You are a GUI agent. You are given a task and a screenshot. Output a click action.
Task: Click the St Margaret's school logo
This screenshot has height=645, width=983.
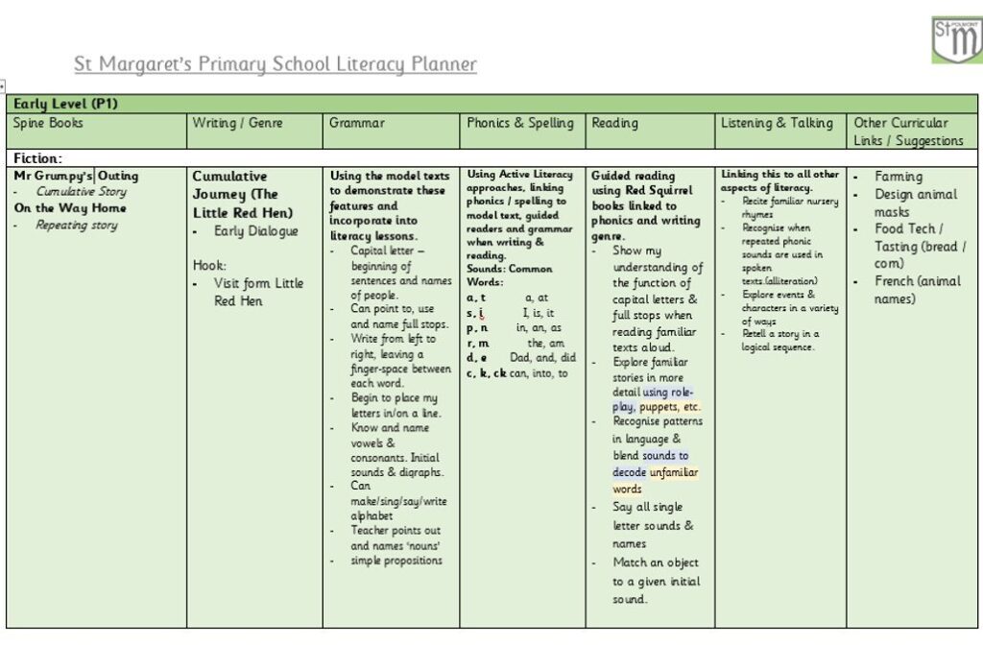[956, 39]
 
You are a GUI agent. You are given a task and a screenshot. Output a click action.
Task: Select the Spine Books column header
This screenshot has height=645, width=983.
[49, 123]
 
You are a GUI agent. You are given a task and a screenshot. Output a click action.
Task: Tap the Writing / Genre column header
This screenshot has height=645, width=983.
[238, 123]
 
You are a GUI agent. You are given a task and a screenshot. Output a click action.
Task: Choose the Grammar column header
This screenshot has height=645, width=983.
[357, 123]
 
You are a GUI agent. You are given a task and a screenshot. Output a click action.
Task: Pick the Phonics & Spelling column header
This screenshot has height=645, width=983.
[520, 123]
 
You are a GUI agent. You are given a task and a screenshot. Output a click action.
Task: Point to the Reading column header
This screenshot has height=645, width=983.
[615, 123]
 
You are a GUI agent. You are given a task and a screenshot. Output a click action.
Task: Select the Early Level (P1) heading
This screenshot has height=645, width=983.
[65, 103]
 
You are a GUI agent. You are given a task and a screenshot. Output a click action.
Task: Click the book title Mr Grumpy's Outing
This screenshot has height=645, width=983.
[76, 176]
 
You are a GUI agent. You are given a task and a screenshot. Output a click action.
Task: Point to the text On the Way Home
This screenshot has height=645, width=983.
[70, 207]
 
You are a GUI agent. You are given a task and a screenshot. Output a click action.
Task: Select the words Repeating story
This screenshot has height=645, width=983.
[77, 226]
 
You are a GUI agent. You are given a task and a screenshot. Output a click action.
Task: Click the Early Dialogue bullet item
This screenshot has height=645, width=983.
[256, 231]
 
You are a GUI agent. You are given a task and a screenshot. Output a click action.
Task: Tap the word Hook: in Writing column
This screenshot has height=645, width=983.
[209, 265]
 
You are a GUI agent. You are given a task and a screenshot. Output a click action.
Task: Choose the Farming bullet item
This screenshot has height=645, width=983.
[899, 177]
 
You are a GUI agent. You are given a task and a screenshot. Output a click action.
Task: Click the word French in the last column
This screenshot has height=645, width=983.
[895, 281]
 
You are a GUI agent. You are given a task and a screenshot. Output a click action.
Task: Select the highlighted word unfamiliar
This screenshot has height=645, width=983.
[674, 472]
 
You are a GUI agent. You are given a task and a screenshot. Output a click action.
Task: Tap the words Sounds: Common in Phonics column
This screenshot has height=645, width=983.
[510, 269]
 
